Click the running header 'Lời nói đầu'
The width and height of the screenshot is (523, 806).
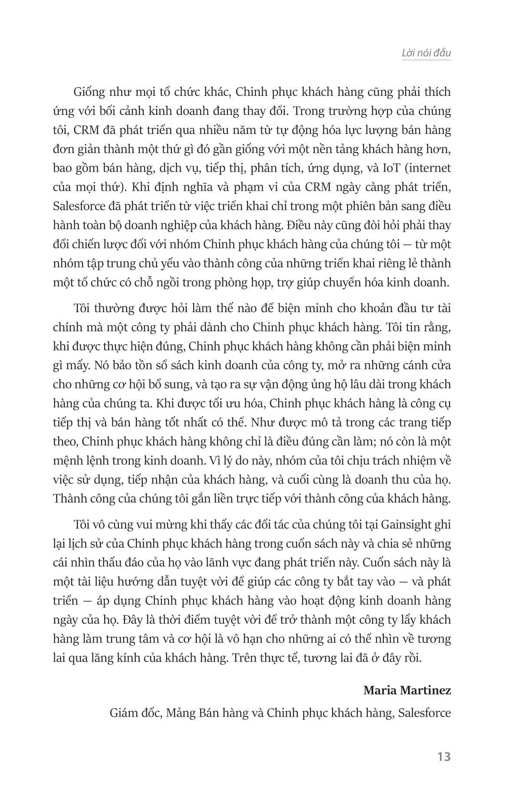(426, 53)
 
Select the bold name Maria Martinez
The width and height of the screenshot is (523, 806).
(407, 690)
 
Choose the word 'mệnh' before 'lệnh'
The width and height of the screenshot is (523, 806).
(66, 461)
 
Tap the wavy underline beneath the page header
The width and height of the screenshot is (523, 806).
(426, 60)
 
